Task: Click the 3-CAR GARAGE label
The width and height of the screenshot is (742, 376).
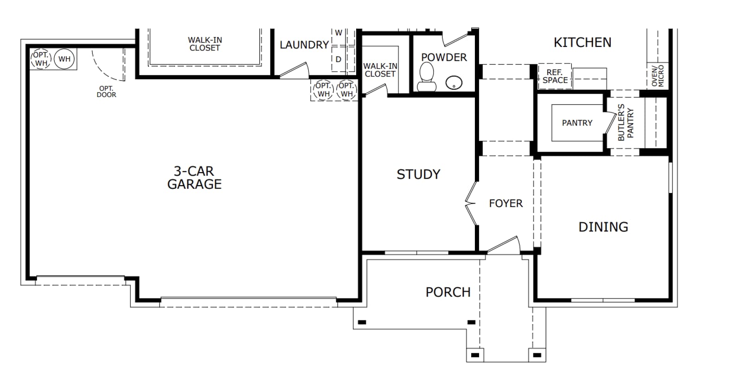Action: pos(194,178)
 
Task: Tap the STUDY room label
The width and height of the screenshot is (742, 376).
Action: pos(419,175)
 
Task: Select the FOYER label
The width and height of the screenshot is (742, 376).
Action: pos(506,203)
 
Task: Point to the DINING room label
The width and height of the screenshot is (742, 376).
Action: pos(603,227)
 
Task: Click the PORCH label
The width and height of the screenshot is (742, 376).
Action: pos(448,292)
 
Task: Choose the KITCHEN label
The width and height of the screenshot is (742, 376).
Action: pos(582,42)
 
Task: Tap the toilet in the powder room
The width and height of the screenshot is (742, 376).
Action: pos(426,77)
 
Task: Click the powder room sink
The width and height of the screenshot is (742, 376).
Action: pos(454,83)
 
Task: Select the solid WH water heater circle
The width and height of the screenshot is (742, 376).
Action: pos(64,59)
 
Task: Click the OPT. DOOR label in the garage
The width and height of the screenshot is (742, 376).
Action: pos(106,91)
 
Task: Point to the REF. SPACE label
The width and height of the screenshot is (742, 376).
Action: pos(555,76)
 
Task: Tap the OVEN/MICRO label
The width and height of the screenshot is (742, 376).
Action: pos(658,76)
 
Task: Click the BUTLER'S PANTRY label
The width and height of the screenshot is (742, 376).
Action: pos(626,122)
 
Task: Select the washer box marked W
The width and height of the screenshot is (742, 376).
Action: pos(339,37)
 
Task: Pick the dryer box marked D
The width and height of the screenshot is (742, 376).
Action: pos(339,59)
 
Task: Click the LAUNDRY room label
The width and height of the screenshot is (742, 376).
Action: pos(304,45)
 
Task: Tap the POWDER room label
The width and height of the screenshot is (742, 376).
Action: pos(444,58)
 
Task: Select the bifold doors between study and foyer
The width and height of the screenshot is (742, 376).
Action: pos(471,203)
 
